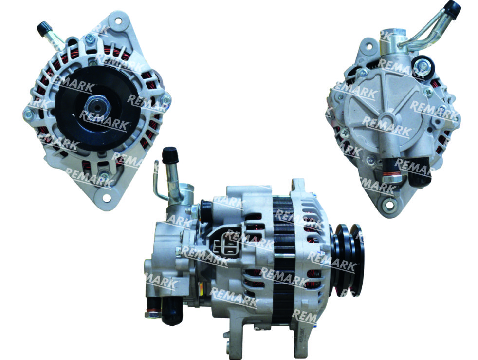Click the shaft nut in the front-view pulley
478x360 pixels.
97,107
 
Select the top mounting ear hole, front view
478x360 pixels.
118,21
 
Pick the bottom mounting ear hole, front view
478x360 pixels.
107,197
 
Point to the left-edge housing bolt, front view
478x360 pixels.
28,114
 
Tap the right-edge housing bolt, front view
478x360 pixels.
166,99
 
